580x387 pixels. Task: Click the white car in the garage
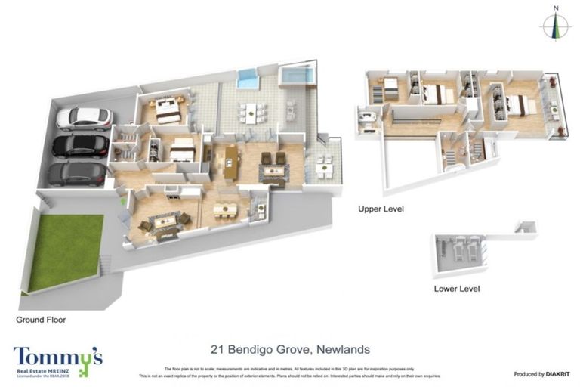pyautogui.click(x=84, y=118)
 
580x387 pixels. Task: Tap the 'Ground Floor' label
pyautogui.click(x=41, y=320)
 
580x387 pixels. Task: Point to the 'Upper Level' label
pyautogui.click(x=381, y=208)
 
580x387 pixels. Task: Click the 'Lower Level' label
pyautogui.click(x=456, y=289)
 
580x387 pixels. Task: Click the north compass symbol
pyautogui.click(x=556, y=27)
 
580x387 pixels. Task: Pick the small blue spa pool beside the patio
pyautogui.click(x=247, y=77)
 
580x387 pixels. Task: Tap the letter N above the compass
pyautogui.click(x=556, y=8)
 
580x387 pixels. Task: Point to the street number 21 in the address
pyautogui.click(x=217, y=349)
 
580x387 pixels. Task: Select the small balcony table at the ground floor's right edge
pyautogui.click(x=324, y=166)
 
